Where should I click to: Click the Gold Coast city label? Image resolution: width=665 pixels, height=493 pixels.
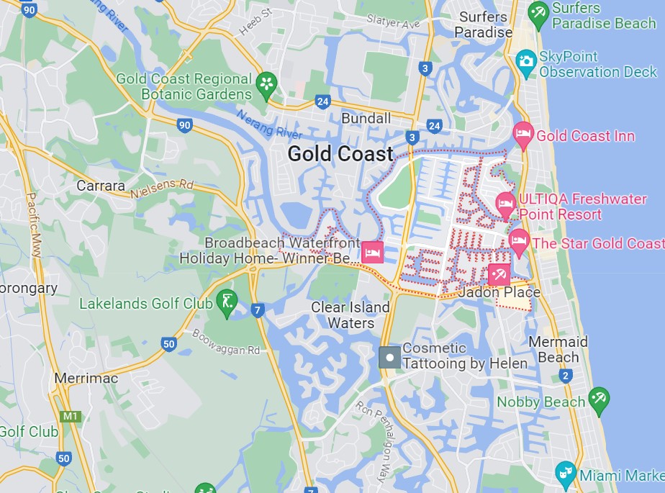pyautogui.click(x=340, y=153)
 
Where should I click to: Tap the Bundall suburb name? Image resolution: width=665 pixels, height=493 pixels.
pyautogui.click(x=366, y=118)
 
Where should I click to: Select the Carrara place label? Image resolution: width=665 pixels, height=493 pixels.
pyautogui.click(x=101, y=186)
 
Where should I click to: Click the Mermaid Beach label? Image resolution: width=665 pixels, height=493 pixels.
pyautogui.click(x=558, y=349)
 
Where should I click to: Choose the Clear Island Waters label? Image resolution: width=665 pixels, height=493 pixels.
pyautogui.click(x=350, y=315)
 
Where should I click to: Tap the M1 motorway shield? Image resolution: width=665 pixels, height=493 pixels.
pyautogui.click(x=70, y=417)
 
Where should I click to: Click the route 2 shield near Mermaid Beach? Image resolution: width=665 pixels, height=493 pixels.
pyautogui.click(x=566, y=376)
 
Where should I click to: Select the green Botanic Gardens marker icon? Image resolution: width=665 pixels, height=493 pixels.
pyautogui.click(x=266, y=83)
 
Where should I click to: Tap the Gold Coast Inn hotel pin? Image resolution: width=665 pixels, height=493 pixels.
pyautogui.click(x=522, y=134)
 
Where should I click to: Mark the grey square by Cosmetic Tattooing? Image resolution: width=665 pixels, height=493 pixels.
pyautogui.click(x=390, y=357)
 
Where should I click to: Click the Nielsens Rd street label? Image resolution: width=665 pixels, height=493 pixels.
pyautogui.click(x=163, y=189)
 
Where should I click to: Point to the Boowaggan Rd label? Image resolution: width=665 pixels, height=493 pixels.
pyautogui.click(x=226, y=343)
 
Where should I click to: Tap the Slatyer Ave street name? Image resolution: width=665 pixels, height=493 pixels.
pyautogui.click(x=392, y=23)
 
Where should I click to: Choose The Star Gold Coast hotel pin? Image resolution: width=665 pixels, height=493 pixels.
pyautogui.click(x=518, y=241)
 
